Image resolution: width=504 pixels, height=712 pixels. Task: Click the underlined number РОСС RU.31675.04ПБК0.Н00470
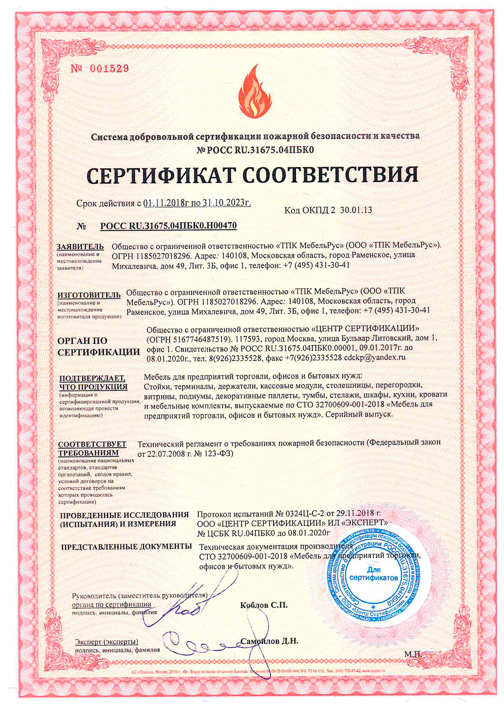tap(168, 226)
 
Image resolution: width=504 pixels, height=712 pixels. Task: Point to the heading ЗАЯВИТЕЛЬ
tap(80, 246)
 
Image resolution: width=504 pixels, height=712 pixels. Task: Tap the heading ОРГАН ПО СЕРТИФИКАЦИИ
tap(98, 346)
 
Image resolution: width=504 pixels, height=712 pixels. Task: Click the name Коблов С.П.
tap(264, 605)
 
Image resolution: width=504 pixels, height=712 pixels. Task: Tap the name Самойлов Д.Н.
tap(269, 642)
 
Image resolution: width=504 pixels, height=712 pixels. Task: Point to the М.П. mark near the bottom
tap(414, 654)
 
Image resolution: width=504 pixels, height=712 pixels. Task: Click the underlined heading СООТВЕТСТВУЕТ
tap(92, 444)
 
